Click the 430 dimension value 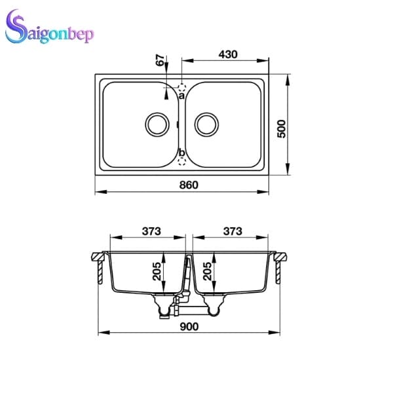coord(228,54)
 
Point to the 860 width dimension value coord(189,185)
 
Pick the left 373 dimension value coord(152,231)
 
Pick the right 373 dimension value coord(233,231)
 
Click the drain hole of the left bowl coord(156,124)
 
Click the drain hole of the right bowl coord(206,124)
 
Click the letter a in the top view coord(181,96)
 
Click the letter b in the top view coord(181,153)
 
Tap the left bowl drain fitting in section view coord(160,303)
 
